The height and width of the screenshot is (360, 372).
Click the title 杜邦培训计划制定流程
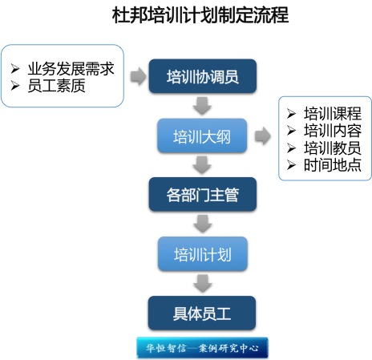click(x=200, y=14)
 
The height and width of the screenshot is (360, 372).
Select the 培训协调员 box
click(x=203, y=76)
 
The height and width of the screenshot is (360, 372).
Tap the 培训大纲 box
click(x=202, y=136)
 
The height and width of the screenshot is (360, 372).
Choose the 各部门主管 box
click(x=203, y=194)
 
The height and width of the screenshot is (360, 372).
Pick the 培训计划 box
click(x=203, y=253)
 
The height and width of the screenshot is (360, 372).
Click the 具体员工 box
click(x=202, y=313)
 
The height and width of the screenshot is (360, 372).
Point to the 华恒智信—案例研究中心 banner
click(x=202, y=347)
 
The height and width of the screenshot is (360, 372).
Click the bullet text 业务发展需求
click(x=71, y=69)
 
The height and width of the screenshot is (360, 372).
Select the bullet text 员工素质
click(x=57, y=86)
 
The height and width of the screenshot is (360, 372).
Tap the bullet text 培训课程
click(x=333, y=113)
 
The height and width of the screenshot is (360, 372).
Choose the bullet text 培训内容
click(x=333, y=131)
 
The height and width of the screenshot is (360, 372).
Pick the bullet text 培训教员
click(x=333, y=148)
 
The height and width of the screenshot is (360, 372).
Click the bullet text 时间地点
click(x=333, y=165)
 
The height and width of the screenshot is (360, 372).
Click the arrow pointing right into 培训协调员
click(x=139, y=76)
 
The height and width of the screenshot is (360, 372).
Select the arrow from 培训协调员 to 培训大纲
click(x=202, y=106)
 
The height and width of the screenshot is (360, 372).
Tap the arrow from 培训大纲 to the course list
click(x=263, y=136)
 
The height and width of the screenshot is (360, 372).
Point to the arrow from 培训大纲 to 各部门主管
click(x=202, y=165)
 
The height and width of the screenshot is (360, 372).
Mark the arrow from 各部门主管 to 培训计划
click(x=202, y=224)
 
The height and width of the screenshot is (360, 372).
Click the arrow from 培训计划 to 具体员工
click(x=202, y=283)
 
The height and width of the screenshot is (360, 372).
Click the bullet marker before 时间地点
click(x=291, y=165)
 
